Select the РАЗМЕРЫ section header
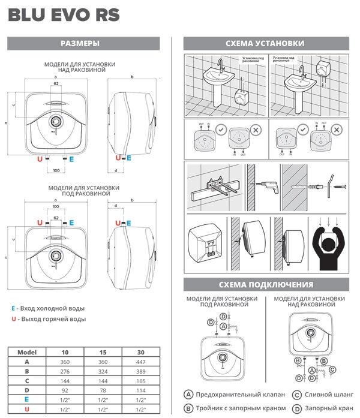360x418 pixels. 84,44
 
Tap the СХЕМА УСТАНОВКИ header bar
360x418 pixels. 265,44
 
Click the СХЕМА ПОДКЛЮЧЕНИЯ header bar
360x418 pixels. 265,284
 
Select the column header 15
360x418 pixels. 103,352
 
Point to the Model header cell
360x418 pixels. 26,352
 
